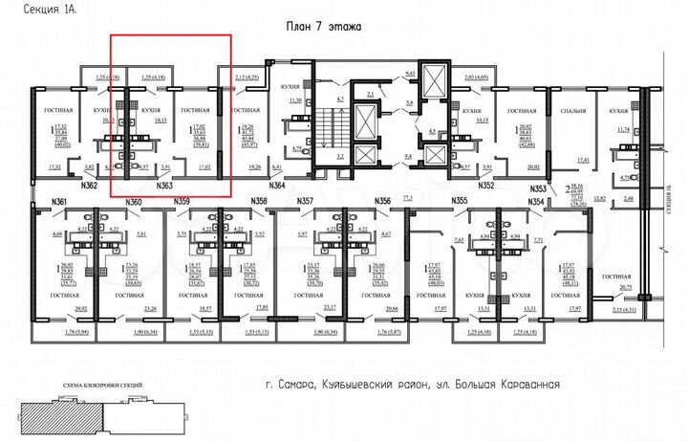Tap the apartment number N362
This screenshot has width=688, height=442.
(x=89, y=185)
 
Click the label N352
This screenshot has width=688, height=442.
(x=485, y=185)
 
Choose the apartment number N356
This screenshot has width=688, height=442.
(x=383, y=202)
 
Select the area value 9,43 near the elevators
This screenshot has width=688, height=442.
(x=412, y=72)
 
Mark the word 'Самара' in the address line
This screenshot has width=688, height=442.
(x=317, y=387)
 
